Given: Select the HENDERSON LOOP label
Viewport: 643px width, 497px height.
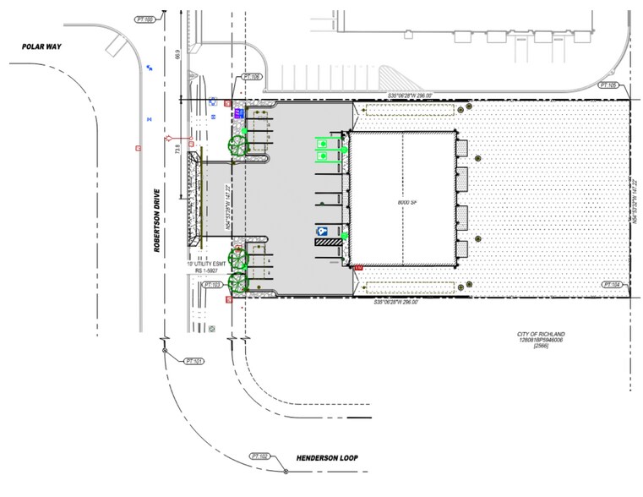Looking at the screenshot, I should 327,459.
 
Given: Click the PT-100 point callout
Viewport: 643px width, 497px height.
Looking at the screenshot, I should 147,18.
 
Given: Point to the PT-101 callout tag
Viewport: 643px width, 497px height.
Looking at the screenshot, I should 194,361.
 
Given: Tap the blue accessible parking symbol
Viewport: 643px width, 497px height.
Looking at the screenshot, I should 323,231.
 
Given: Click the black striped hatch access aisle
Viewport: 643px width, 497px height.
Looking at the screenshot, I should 328,242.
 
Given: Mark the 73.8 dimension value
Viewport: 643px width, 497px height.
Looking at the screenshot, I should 177,151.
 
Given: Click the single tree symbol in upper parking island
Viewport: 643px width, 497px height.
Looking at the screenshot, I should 237,145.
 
